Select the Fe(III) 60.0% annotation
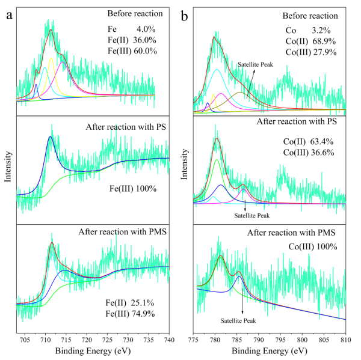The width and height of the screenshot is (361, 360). [x=132, y=51]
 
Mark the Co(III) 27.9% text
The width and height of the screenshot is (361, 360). [x=310, y=52]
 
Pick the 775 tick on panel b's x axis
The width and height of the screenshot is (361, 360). [x=194, y=340]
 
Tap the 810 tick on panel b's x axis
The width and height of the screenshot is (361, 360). [x=346, y=340]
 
